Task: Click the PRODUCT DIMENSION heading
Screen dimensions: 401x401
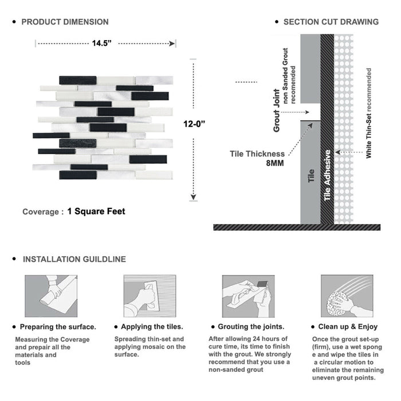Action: point(65,22)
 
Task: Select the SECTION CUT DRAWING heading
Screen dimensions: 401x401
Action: point(331,22)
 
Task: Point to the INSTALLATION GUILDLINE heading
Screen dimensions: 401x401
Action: point(74,259)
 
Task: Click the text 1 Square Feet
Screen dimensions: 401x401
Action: point(96,211)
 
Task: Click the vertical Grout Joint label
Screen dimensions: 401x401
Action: point(277,111)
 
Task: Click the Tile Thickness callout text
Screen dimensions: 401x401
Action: point(257,154)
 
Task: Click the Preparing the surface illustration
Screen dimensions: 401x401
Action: point(51,296)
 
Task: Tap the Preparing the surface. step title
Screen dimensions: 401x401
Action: point(58,327)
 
